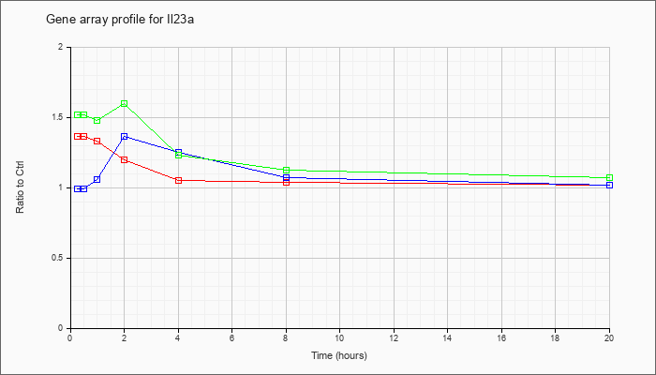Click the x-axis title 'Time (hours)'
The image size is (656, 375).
click(x=339, y=355)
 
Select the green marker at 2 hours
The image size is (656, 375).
click(x=124, y=103)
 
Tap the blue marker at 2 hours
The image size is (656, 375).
click(x=124, y=136)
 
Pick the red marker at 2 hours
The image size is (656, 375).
click(x=124, y=159)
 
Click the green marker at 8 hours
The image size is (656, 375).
click(x=286, y=170)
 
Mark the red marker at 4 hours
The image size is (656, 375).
click(x=178, y=180)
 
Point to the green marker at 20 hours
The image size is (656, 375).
click(x=609, y=177)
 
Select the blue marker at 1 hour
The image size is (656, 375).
click(x=97, y=179)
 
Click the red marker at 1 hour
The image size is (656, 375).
click(x=97, y=141)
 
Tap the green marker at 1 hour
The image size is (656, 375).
click(x=97, y=120)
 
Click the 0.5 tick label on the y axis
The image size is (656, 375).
click(x=57, y=258)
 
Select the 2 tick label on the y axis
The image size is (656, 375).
click(x=60, y=47)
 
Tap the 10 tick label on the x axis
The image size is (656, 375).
click(x=339, y=338)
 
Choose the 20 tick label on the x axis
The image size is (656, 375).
click(x=609, y=338)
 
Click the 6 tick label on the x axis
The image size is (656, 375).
click(x=231, y=338)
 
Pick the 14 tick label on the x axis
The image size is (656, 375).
click(x=447, y=338)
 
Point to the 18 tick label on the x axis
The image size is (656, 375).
click(x=555, y=338)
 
